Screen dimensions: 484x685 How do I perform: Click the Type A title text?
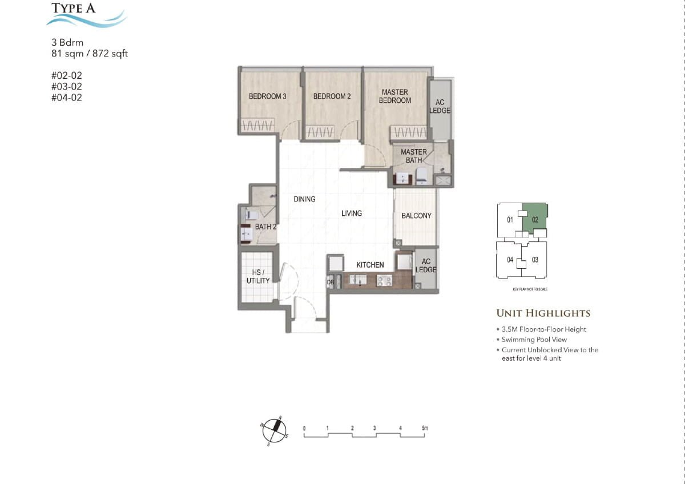74,8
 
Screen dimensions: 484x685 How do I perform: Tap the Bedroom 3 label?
267,96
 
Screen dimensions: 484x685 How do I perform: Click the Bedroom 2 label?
332,96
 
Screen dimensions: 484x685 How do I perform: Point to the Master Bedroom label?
394,96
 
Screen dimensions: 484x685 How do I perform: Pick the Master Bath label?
413,156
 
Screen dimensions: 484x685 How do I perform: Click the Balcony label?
416,216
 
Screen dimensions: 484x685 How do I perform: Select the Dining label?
304,199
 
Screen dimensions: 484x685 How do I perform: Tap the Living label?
352,213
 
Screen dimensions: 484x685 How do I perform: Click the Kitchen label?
370,265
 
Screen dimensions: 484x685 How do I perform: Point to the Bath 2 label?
265,227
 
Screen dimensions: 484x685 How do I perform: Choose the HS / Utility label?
257,277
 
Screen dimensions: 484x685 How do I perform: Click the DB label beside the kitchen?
330,283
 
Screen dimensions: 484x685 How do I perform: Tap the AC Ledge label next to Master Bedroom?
440,106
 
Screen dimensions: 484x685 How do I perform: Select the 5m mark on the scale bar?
424,427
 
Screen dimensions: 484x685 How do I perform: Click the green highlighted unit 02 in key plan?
535,219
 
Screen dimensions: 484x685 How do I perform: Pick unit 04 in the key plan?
510,260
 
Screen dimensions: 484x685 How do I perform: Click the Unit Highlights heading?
543,313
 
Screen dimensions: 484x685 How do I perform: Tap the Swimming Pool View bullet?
534,340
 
